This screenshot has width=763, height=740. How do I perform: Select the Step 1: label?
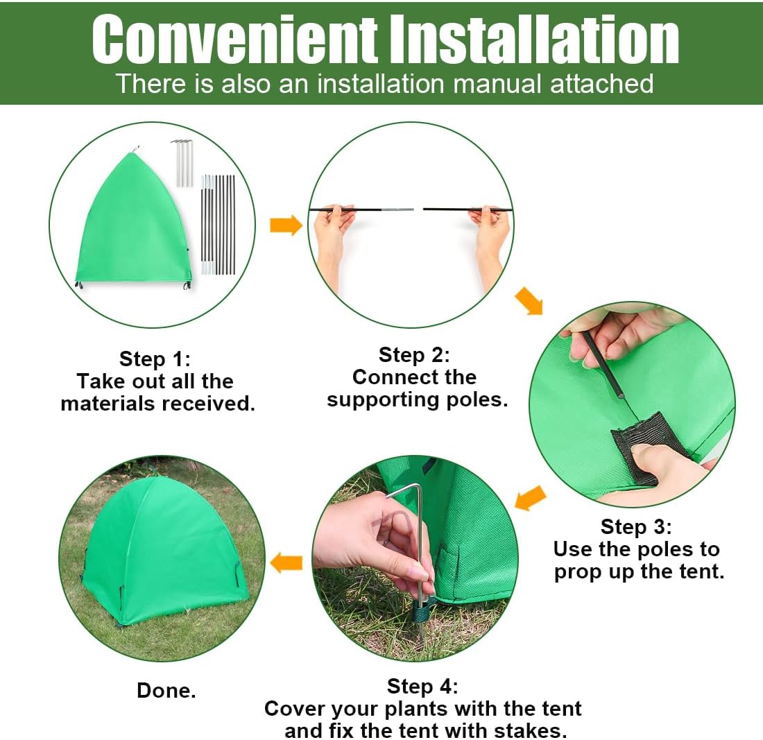155,359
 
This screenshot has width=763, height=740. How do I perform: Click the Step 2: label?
414,355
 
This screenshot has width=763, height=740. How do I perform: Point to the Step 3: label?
636,527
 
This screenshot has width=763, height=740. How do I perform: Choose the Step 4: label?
422,687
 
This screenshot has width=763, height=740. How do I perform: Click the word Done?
166,690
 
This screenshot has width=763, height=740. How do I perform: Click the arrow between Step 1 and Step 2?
286,225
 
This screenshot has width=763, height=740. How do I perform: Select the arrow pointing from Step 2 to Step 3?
529,302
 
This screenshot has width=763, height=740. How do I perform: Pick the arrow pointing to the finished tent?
286,562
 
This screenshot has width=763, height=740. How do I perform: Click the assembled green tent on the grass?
163,555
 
